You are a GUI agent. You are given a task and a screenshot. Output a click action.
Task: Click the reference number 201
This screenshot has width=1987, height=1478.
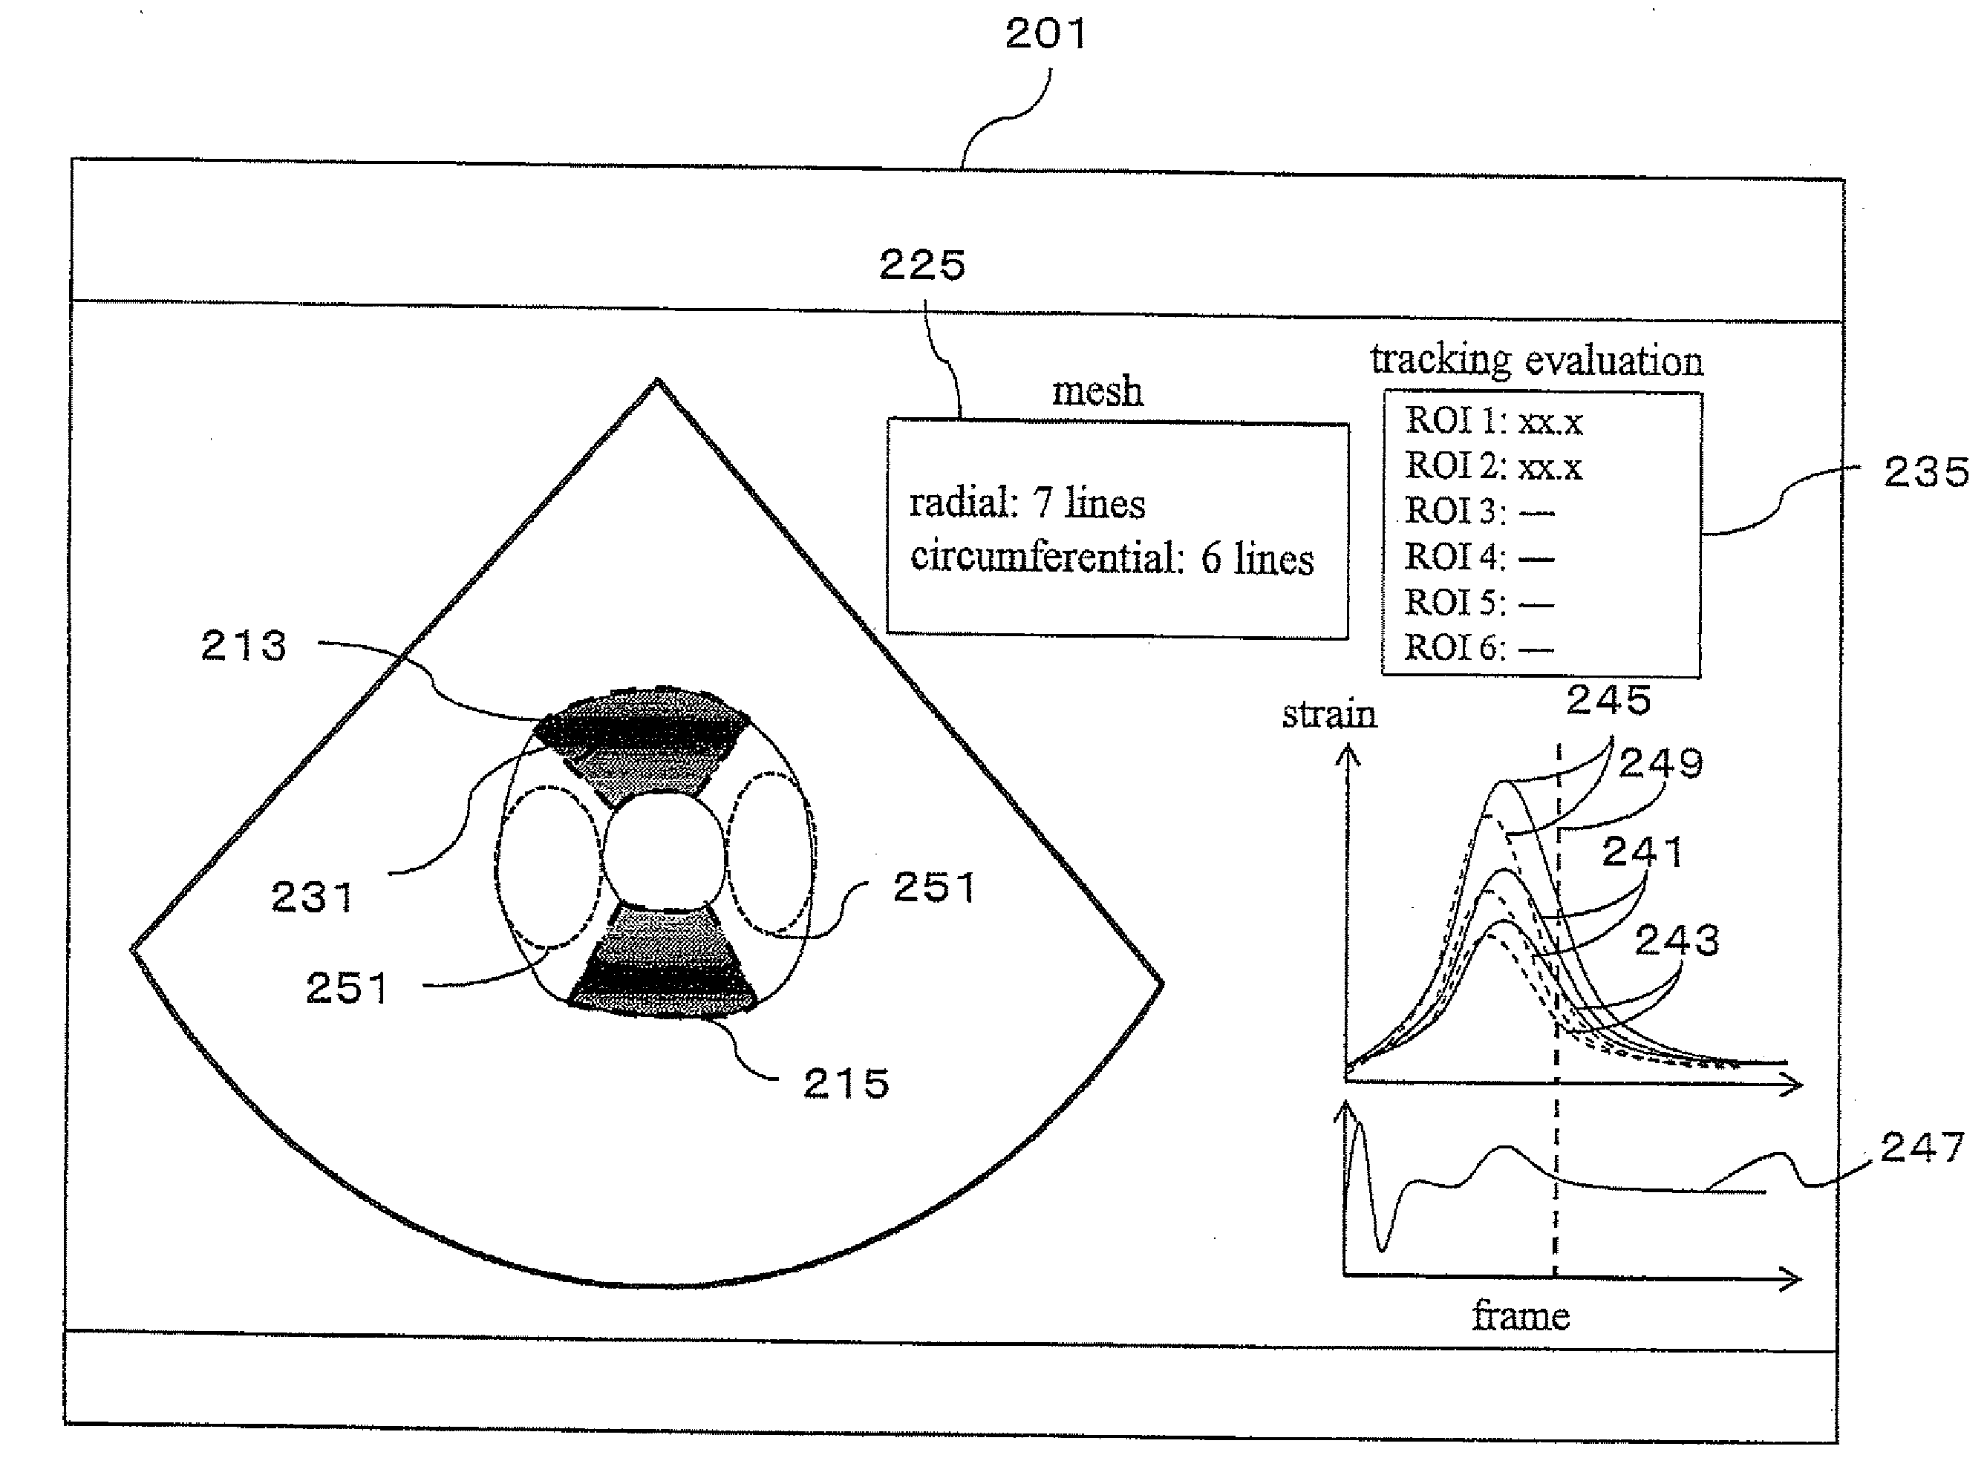coord(1045,35)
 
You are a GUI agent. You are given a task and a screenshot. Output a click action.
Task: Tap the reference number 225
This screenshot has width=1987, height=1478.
coord(922,266)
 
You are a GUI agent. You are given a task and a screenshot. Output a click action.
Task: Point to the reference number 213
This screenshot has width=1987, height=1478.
coord(244,646)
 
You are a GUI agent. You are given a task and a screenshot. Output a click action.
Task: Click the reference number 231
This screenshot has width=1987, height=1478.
coord(312,897)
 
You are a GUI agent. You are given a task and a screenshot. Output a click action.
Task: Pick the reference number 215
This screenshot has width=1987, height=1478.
coord(846,1085)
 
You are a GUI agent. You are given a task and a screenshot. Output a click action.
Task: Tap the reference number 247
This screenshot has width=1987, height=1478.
coord(1922,1148)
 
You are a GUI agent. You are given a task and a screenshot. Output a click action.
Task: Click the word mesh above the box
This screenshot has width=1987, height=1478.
coord(1097,392)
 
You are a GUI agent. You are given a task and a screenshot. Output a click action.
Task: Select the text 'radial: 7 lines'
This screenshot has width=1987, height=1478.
coord(1027,504)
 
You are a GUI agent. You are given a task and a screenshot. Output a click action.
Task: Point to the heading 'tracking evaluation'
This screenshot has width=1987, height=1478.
coord(1536,359)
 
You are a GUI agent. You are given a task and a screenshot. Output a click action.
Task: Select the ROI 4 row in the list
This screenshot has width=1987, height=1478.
coord(1478,557)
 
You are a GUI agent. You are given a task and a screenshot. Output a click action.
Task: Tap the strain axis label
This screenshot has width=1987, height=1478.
coord(1328,715)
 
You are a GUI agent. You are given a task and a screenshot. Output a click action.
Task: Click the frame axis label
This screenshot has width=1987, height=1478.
coord(1521,1316)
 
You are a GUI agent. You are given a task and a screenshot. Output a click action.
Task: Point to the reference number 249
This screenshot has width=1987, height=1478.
coord(1660,764)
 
